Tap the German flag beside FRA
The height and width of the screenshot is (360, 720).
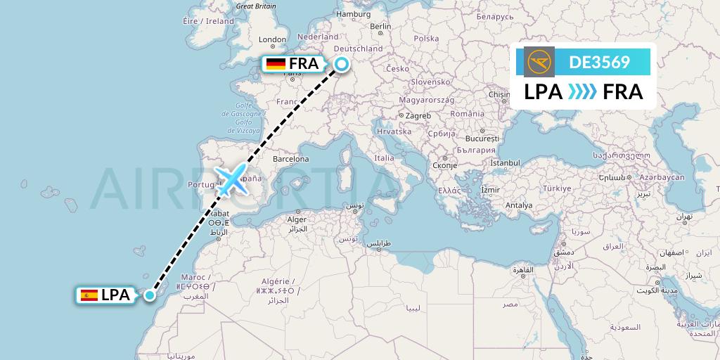coord(276,64)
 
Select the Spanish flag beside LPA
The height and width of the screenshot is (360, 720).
coord(89,295)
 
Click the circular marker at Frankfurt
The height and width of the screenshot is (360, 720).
coord(341,65)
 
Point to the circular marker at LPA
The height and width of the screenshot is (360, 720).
coord(150,295)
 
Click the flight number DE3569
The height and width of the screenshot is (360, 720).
coord(599,63)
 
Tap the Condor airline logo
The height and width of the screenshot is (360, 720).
coord(539,62)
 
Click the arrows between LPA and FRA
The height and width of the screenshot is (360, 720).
coord(582,92)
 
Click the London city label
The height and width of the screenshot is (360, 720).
coord(272,39)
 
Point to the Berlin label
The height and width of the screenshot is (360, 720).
coord(380,27)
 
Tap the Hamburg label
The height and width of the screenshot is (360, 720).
coord(353,13)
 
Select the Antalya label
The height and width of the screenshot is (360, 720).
coord(519,205)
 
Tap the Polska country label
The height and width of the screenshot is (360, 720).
coord(426,39)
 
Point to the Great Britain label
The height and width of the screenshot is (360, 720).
coord(256,6)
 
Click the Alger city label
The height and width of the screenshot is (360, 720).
coord(297,219)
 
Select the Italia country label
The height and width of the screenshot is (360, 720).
coord(384,158)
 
